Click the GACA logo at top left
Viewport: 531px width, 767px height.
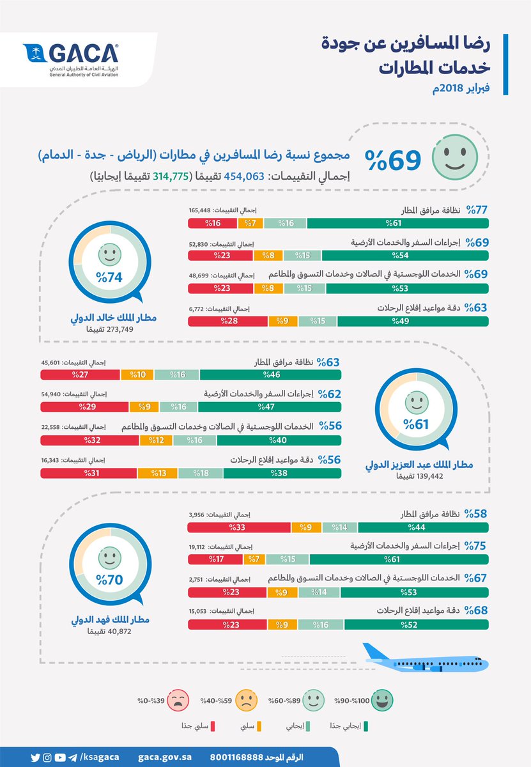70,59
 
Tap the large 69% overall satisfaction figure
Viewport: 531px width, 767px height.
393,160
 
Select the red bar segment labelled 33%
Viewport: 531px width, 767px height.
238,527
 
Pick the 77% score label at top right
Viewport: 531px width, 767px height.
476,210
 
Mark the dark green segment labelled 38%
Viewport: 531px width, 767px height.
282,473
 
